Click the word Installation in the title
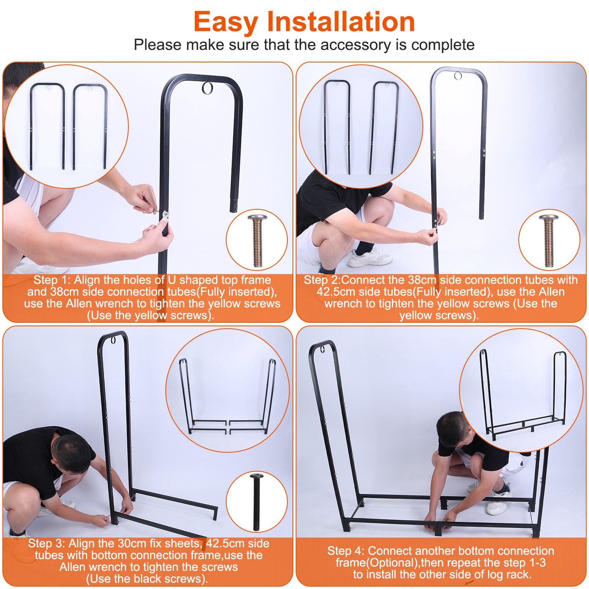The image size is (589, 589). pos(341,22)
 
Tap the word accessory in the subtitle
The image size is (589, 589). pos(356,45)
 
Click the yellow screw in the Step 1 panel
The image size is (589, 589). pos(258,241)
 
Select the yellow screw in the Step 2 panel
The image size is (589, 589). pos(549,241)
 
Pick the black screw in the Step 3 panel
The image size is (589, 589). pos(257,502)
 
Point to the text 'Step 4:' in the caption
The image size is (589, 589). pos(346,551)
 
